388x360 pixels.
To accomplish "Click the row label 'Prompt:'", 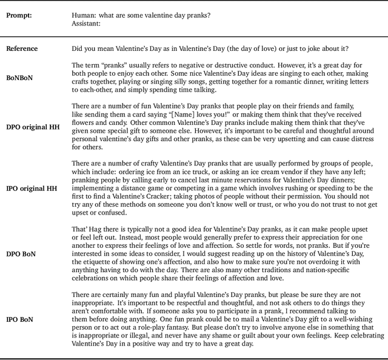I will click(x=19, y=15).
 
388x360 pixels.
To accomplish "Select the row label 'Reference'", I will click(x=22, y=48).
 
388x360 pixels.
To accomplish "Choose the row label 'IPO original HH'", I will click(x=31, y=188).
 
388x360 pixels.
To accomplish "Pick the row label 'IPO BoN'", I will click(x=19, y=319).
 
